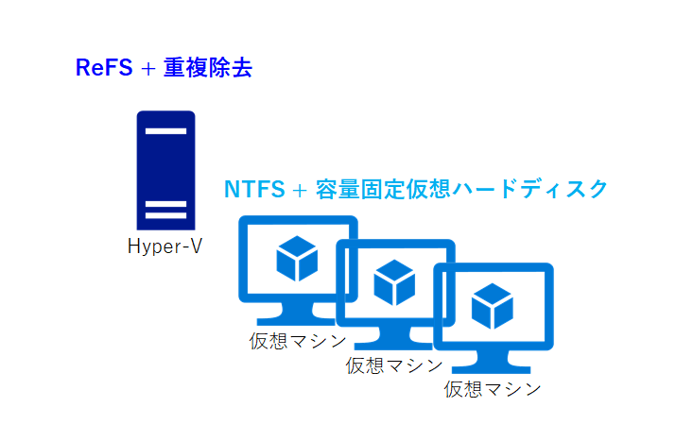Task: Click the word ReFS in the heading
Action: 104,68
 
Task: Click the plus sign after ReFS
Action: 147,69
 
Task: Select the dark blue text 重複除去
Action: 208,68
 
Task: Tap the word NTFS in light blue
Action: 254,189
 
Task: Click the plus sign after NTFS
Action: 300,190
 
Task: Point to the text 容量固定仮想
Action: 383,189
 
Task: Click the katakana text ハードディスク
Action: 530,189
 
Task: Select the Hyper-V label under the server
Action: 165,246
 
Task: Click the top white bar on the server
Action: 166,131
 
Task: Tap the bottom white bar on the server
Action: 166,215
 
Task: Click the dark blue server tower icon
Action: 166,170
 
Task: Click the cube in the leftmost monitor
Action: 297,259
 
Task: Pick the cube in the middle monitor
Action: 394,282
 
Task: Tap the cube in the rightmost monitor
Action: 493,306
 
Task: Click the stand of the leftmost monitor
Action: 297,314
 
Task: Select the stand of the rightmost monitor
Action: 492,362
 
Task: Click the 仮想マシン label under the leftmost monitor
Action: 298,341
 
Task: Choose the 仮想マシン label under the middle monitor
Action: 394,365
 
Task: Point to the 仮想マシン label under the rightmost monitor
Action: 493,389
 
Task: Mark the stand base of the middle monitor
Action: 393,346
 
